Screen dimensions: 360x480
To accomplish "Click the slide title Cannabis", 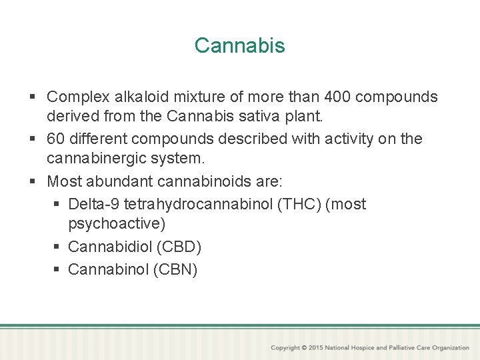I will click(239, 45).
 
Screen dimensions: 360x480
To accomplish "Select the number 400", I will click(335, 97).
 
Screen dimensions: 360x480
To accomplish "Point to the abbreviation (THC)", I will click(299, 204).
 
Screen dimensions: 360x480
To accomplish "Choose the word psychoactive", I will click(117, 223).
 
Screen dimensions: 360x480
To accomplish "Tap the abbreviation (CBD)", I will click(179, 247).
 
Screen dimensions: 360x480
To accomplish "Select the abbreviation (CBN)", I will click(175, 269).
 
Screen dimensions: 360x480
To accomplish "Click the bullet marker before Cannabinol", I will click(57, 270).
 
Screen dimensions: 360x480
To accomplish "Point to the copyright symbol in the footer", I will click(304, 348).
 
